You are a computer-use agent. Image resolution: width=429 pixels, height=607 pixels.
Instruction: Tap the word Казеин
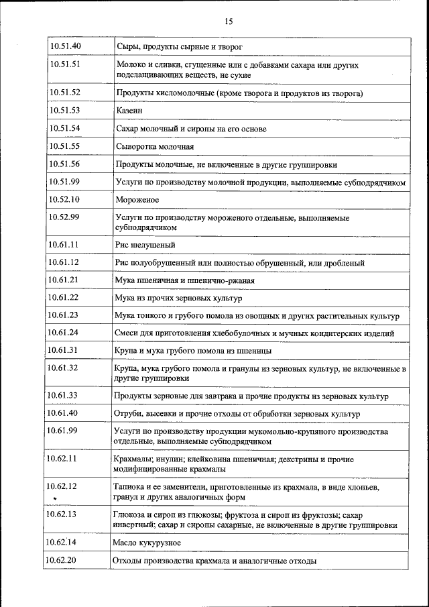pos(129,111)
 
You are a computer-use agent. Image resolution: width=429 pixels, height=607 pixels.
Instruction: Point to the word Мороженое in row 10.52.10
pos(137,199)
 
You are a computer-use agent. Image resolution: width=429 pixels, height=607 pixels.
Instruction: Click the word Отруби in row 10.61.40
pos(129,414)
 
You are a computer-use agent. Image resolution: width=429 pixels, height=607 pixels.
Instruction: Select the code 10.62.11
pos(62,459)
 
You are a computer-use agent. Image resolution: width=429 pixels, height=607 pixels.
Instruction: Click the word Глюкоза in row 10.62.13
pos(129,514)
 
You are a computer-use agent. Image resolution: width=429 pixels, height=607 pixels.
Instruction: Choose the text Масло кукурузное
pos(146,542)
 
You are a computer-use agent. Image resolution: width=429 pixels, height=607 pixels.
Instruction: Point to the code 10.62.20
pos(61,559)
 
